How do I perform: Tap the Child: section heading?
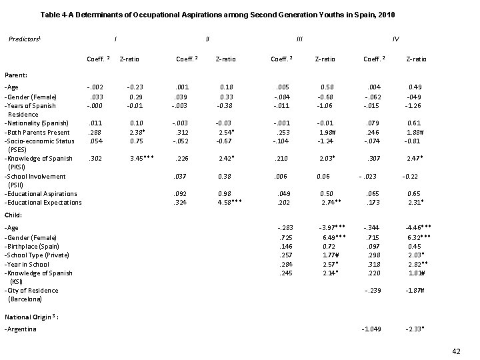click(14, 215)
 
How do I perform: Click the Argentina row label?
click(21, 329)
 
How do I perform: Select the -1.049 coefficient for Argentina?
click(373, 329)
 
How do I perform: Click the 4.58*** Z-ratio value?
click(227, 203)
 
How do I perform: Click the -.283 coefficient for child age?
click(285, 229)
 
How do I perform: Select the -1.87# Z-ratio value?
click(415, 291)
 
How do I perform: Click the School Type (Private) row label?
click(37, 255)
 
